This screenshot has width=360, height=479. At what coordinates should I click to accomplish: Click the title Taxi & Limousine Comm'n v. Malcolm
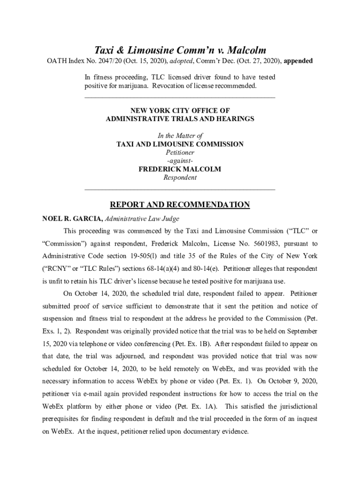pyautogui.click(x=180, y=50)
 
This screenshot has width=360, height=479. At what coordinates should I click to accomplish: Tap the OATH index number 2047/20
pyautogui.click(x=106, y=61)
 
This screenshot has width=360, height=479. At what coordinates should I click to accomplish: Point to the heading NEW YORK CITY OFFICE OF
pyautogui.click(x=180, y=110)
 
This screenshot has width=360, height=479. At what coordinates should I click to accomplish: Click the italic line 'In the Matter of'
pyautogui.click(x=180, y=136)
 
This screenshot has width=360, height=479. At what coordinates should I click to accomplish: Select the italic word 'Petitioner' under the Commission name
pyautogui.click(x=180, y=152)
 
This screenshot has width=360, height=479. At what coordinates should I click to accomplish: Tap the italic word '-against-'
pyautogui.click(x=180, y=161)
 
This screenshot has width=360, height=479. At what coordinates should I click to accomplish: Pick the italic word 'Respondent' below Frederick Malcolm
pyautogui.click(x=180, y=178)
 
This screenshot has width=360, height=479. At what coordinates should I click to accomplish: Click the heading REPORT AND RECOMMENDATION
pyautogui.click(x=180, y=205)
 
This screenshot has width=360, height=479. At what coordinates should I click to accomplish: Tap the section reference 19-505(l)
pyautogui.click(x=143, y=256)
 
